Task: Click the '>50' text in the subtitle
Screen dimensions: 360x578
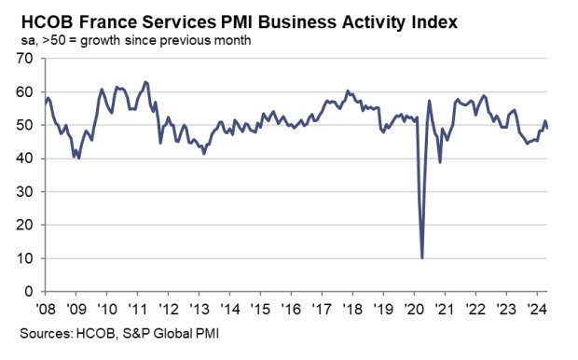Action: pos(44,41)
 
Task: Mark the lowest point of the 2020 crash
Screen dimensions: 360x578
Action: pos(422,257)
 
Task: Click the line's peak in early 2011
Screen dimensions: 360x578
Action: pos(145,82)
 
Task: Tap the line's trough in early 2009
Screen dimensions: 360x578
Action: pos(78,158)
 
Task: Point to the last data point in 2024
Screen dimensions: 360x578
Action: pos(548,129)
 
